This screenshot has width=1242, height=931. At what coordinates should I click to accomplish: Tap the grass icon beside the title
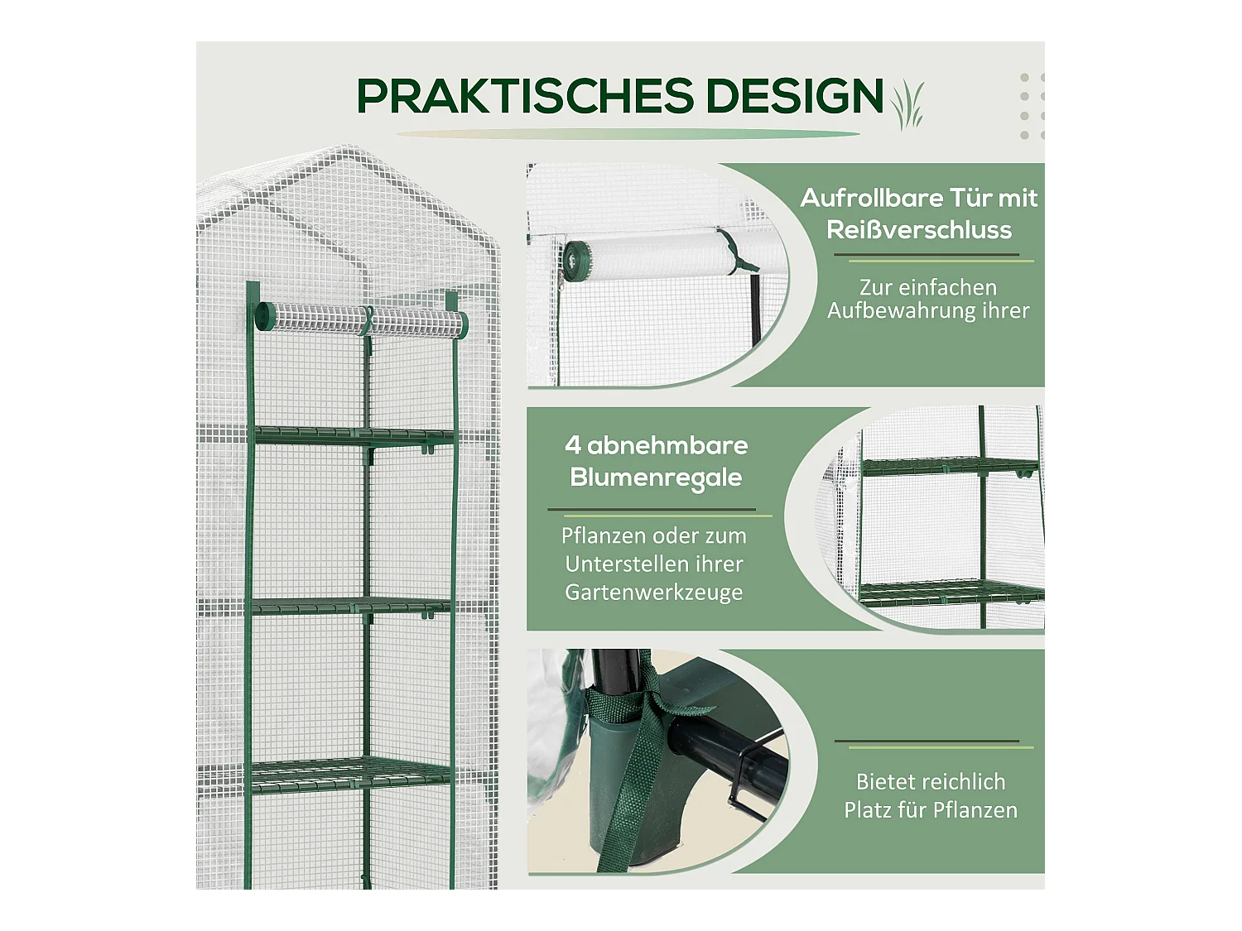click(x=908, y=105)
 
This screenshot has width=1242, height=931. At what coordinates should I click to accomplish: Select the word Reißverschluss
click(x=919, y=230)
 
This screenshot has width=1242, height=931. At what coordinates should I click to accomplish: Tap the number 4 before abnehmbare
click(x=572, y=445)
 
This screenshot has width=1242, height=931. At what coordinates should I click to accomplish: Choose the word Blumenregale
click(x=656, y=478)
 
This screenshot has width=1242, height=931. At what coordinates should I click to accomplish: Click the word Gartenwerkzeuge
click(x=653, y=593)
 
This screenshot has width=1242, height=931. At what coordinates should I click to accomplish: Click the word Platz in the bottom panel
click(x=866, y=810)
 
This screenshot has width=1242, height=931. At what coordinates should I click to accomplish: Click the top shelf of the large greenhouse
click(x=354, y=435)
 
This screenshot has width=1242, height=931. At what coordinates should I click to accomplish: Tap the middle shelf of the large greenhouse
click(x=352, y=607)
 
